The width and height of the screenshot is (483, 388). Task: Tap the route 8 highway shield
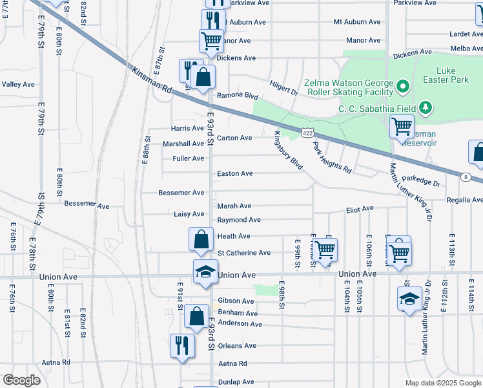click(x=466, y=177)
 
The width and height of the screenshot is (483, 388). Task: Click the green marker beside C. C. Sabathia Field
click(x=425, y=106)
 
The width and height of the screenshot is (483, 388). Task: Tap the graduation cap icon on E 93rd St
click(x=206, y=272)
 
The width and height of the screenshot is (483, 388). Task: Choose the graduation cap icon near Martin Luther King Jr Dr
click(x=409, y=299)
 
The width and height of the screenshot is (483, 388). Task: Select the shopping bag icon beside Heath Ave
click(x=201, y=239)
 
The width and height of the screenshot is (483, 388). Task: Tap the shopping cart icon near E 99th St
click(x=325, y=249)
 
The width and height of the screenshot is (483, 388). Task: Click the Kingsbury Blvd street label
click(x=288, y=151)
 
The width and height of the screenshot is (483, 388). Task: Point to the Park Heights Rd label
click(x=332, y=157)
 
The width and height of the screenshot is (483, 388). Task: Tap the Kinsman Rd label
click(x=152, y=81)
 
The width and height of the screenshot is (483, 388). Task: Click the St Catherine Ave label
click(x=243, y=253)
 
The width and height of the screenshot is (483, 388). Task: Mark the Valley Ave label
click(x=18, y=84)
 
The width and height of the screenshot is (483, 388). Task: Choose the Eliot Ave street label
click(x=360, y=209)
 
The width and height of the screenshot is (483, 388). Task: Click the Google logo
click(x=21, y=380)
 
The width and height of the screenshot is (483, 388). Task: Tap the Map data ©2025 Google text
click(x=442, y=383)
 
